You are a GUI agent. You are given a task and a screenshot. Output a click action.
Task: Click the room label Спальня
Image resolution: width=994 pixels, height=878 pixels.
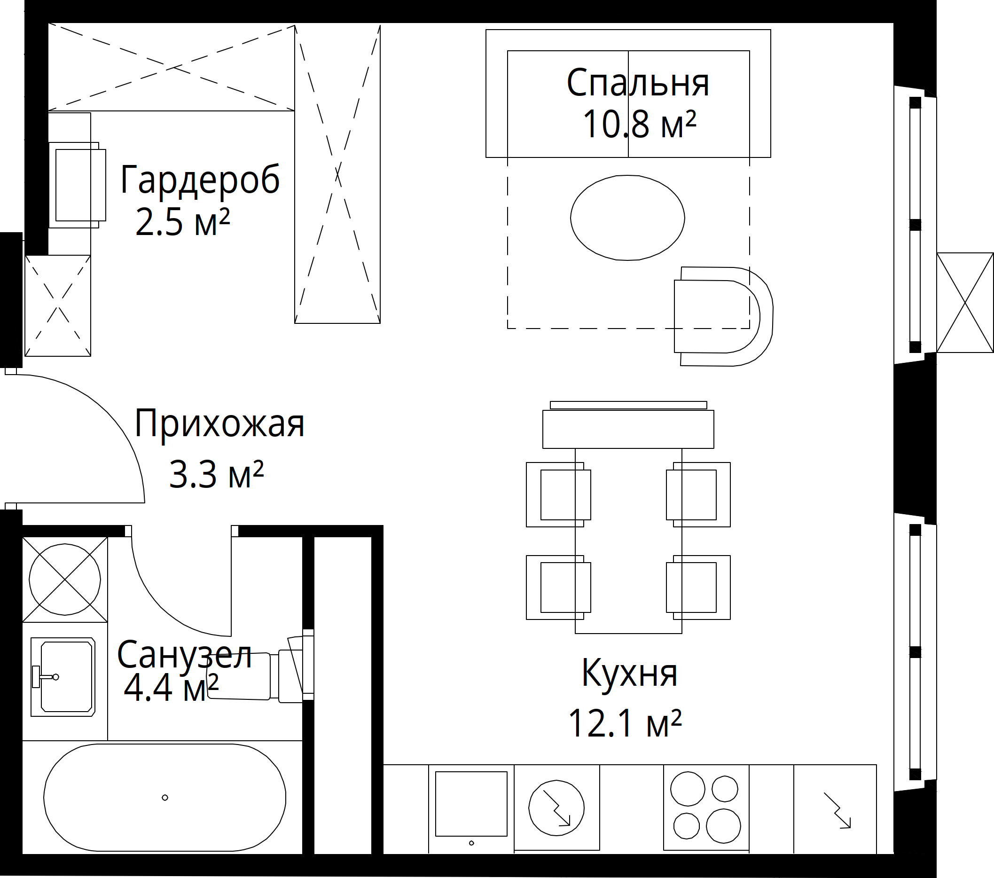pyautogui.click(x=638, y=83)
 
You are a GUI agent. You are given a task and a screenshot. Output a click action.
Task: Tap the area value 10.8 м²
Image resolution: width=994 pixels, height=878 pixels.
pyautogui.click(x=640, y=124)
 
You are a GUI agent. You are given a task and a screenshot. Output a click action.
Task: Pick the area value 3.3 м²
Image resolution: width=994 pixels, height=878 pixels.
pyautogui.click(x=216, y=474)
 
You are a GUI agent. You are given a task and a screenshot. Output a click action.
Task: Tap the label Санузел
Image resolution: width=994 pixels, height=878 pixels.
pyautogui.click(x=184, y=655)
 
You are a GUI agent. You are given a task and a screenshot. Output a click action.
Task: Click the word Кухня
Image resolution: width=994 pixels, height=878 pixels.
pyautogui.click(x=629, y=673)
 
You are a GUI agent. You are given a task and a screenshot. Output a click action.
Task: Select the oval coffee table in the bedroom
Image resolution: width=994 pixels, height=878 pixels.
pyautogui.click(x=627, y=218)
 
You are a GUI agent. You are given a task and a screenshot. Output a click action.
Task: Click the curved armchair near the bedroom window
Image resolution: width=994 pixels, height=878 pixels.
pyautogui.click(x=723, y=316)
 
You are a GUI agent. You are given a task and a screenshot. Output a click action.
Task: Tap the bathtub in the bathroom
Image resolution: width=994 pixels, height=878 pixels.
pyautogui.click(x=165, y=797)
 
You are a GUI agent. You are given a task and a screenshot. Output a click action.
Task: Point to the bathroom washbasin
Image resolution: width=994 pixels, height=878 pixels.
pyautogui.click(x=63, y=677)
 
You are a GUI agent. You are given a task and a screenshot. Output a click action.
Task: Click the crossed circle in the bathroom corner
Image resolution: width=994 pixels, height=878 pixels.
pyautogui.click(x=65, y=580)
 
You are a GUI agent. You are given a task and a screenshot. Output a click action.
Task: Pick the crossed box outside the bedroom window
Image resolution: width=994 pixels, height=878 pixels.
pyautogui.click(x=965, y=303)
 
